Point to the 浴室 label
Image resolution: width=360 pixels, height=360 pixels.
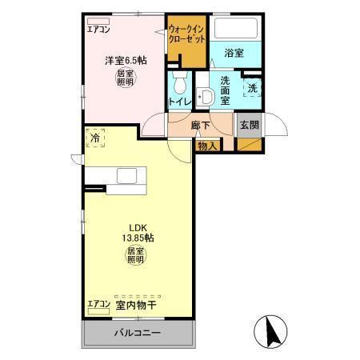234,53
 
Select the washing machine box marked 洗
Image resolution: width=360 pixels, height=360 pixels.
252,88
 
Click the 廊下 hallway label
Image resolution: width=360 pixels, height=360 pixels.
201,125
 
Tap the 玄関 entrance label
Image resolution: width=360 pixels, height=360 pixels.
249,125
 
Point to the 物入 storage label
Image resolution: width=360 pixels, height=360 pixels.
207,146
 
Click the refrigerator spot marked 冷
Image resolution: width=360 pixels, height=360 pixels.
95,138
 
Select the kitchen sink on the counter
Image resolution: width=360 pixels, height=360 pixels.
127,176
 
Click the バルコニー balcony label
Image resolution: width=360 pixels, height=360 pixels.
136,331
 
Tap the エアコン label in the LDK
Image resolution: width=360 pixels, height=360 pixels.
98,305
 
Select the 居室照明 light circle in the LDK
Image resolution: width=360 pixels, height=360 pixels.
135,256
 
